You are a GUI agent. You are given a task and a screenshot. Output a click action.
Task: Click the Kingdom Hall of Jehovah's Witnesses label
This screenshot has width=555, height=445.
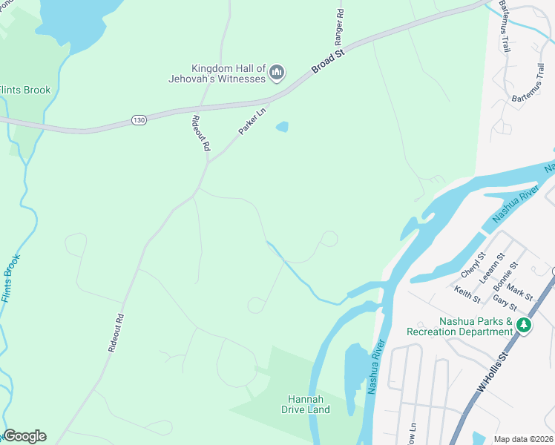217,73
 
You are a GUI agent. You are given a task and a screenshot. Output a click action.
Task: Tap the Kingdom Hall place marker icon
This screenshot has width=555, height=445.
277,73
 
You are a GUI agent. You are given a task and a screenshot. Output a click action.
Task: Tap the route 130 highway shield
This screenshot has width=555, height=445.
138,119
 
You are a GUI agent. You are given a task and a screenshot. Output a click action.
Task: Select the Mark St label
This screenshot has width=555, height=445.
521,291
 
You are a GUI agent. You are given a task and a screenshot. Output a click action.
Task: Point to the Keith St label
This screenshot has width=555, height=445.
467,294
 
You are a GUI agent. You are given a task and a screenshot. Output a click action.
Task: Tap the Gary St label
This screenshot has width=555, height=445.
505,303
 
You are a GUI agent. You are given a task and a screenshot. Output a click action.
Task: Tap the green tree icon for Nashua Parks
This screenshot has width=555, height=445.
524,325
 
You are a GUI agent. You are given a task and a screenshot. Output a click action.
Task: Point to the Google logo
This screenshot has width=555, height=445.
24,436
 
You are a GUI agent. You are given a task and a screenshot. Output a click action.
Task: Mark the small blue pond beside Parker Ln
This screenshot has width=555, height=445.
282,127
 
